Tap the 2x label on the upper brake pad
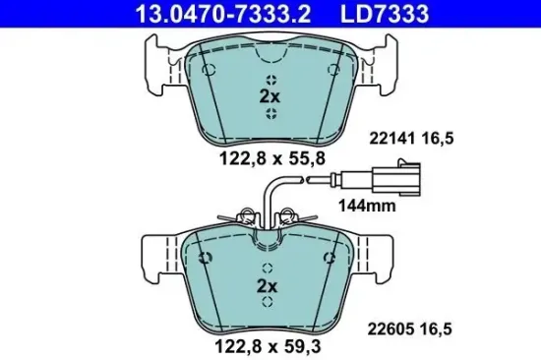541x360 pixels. click(269, 96)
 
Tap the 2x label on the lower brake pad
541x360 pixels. click(269, 285)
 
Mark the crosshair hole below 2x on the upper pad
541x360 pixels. click(269, 113)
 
